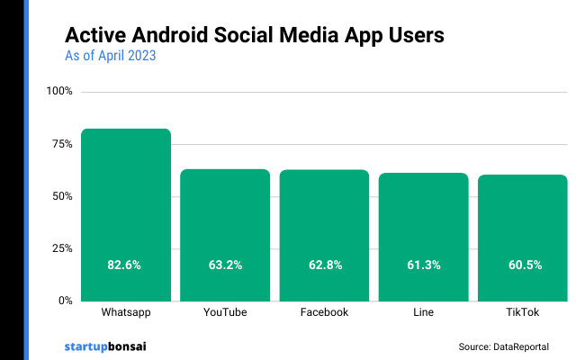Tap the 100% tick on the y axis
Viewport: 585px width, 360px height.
[59, 92]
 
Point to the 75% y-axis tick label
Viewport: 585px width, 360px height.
[62, 144]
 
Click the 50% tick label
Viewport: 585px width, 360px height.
[62, 196]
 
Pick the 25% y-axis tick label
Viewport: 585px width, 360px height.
[62, 248]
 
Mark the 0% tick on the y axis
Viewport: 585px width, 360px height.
[65, 301]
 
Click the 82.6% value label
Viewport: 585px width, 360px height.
[125, 265]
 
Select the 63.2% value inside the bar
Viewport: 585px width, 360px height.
[225, 265]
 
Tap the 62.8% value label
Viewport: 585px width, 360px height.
[324, 265]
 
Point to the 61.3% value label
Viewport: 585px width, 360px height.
[423, 265]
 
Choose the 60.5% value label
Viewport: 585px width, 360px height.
[522, 265]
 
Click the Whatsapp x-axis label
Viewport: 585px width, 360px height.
[125, 313]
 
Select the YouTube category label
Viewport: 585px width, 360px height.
[225, 313]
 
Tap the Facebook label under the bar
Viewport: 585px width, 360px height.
[324, 313]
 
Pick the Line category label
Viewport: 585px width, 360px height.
[423, 313]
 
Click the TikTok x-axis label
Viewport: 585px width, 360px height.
[522, 313]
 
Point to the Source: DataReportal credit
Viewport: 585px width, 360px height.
[503, 346]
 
